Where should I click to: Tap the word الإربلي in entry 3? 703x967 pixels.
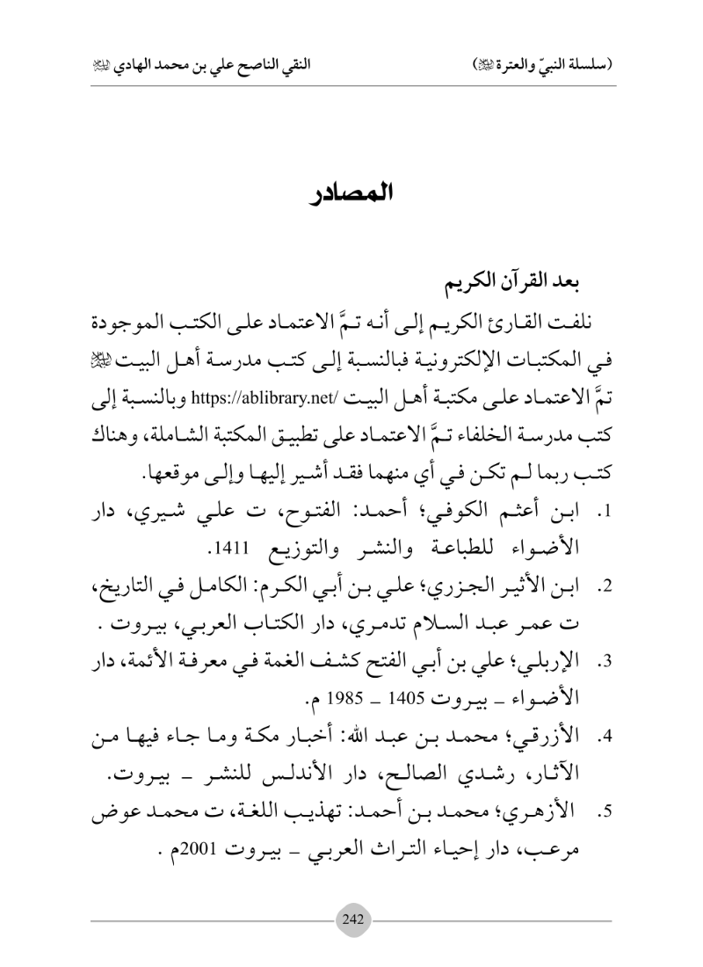(546, 650)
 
